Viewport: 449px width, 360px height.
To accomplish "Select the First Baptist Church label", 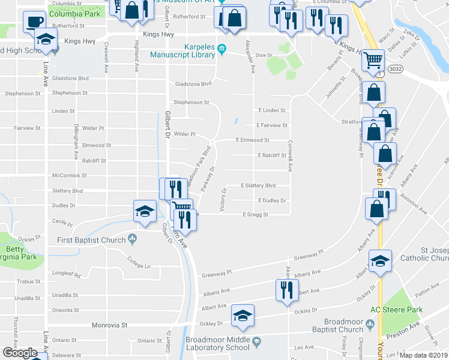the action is click(x=91, y=240).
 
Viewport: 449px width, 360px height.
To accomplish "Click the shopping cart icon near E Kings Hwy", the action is click(x=373, y=60).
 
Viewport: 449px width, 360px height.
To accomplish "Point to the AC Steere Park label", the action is click(x=396, y=310).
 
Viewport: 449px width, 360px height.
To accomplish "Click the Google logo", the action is click(x=20, y=353).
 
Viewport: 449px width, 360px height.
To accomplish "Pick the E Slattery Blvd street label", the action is click(x=258, y=186).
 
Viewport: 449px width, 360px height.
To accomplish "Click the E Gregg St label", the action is click(x=255, y=214).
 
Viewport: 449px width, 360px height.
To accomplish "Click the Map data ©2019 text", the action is click(x=423, y=355).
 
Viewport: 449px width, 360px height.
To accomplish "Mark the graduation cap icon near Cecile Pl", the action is click(x=144, y=211).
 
